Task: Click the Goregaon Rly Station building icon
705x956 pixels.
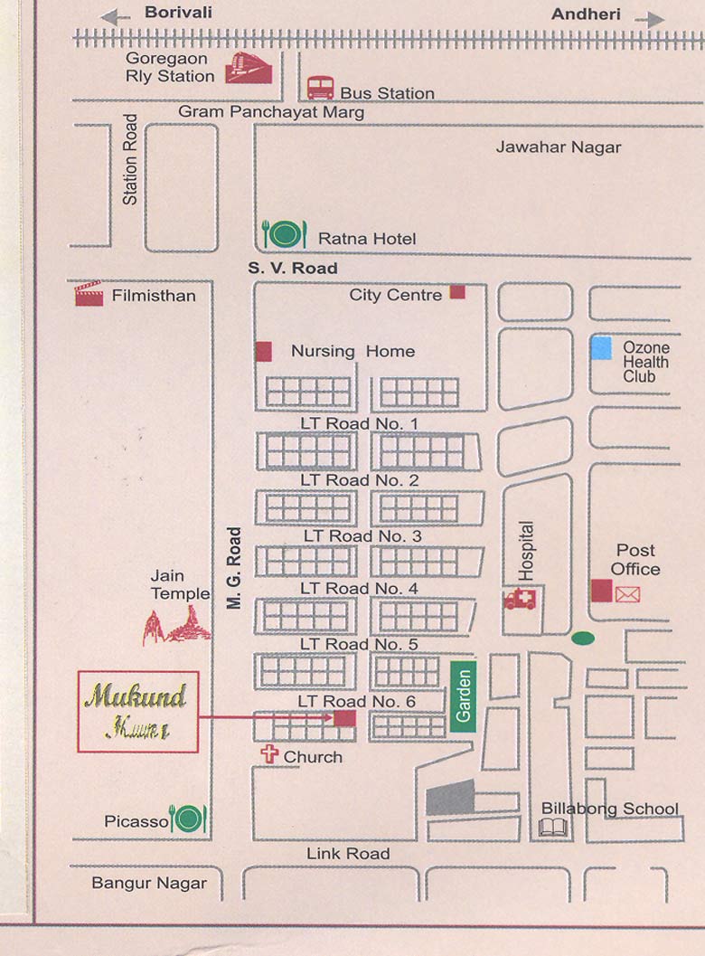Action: pos(248,68)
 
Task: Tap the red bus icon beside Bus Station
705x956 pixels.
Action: pos(320,88)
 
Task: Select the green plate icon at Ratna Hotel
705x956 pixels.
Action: pos(285,234)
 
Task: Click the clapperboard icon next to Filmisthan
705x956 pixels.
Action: pos(89,294)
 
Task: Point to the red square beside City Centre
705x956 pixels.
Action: pos(457,292)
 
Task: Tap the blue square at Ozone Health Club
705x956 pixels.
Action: pos(602,347)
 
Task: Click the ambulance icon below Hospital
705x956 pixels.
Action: pos(521,599)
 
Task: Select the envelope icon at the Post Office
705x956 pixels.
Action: pos(627,594)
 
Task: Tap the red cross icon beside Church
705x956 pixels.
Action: pos(268,754)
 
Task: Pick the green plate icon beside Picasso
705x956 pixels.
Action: pos(189,819)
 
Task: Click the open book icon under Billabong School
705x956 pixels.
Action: pos(553,827)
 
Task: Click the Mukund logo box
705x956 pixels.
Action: pos(137,711)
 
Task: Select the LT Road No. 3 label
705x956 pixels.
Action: pos(362,535)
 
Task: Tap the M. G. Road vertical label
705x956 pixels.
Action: pos(235,568)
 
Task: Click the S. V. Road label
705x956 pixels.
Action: pos(293,268)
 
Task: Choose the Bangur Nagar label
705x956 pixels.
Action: pos(149,883)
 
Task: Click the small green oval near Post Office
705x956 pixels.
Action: pos(583,639)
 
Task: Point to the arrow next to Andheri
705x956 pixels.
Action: pos(649,19)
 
